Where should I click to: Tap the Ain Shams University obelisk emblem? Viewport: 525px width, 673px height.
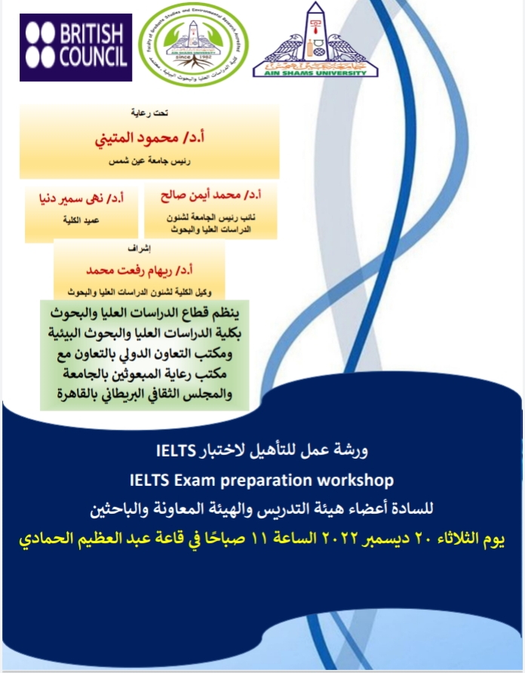pos(315,34)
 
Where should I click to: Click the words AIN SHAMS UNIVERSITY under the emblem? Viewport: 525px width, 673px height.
pos(315,71)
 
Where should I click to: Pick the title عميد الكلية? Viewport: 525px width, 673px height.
pos(81,223)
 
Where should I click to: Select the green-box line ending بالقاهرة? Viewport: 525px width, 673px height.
pos(146,395)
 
